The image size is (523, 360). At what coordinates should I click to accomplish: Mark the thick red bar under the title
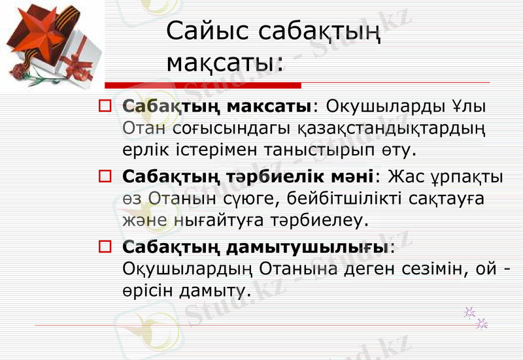coord(203,86)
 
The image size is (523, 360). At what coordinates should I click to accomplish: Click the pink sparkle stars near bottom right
coord(476,318)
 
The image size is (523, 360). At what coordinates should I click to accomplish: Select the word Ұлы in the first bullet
coord(473,105)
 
